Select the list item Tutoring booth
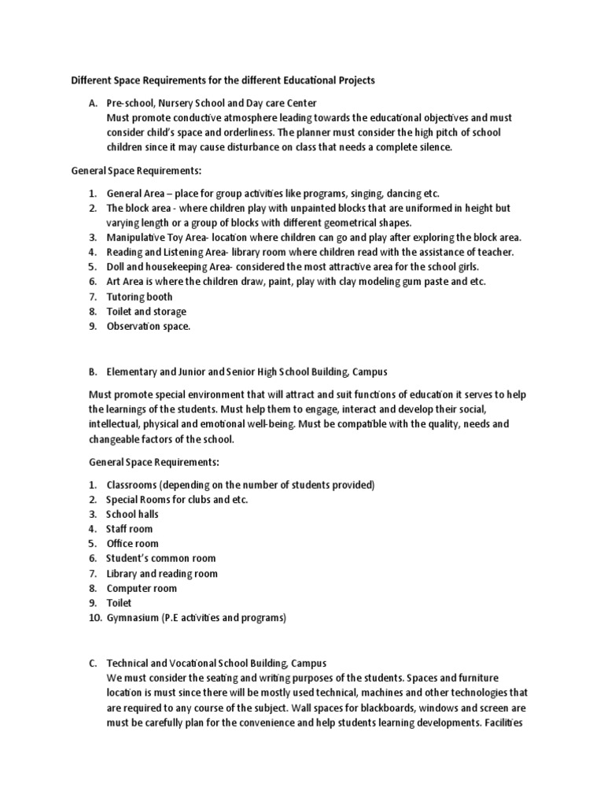tap(139, 297)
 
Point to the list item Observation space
tap(148, 326)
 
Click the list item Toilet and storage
tap(146, 312)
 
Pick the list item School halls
tap(132, 514)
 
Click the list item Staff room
tap(129, 529)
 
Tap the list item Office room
tap(132, 544)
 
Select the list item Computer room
tap(142, 588)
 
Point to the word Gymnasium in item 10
tap(134, 618)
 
